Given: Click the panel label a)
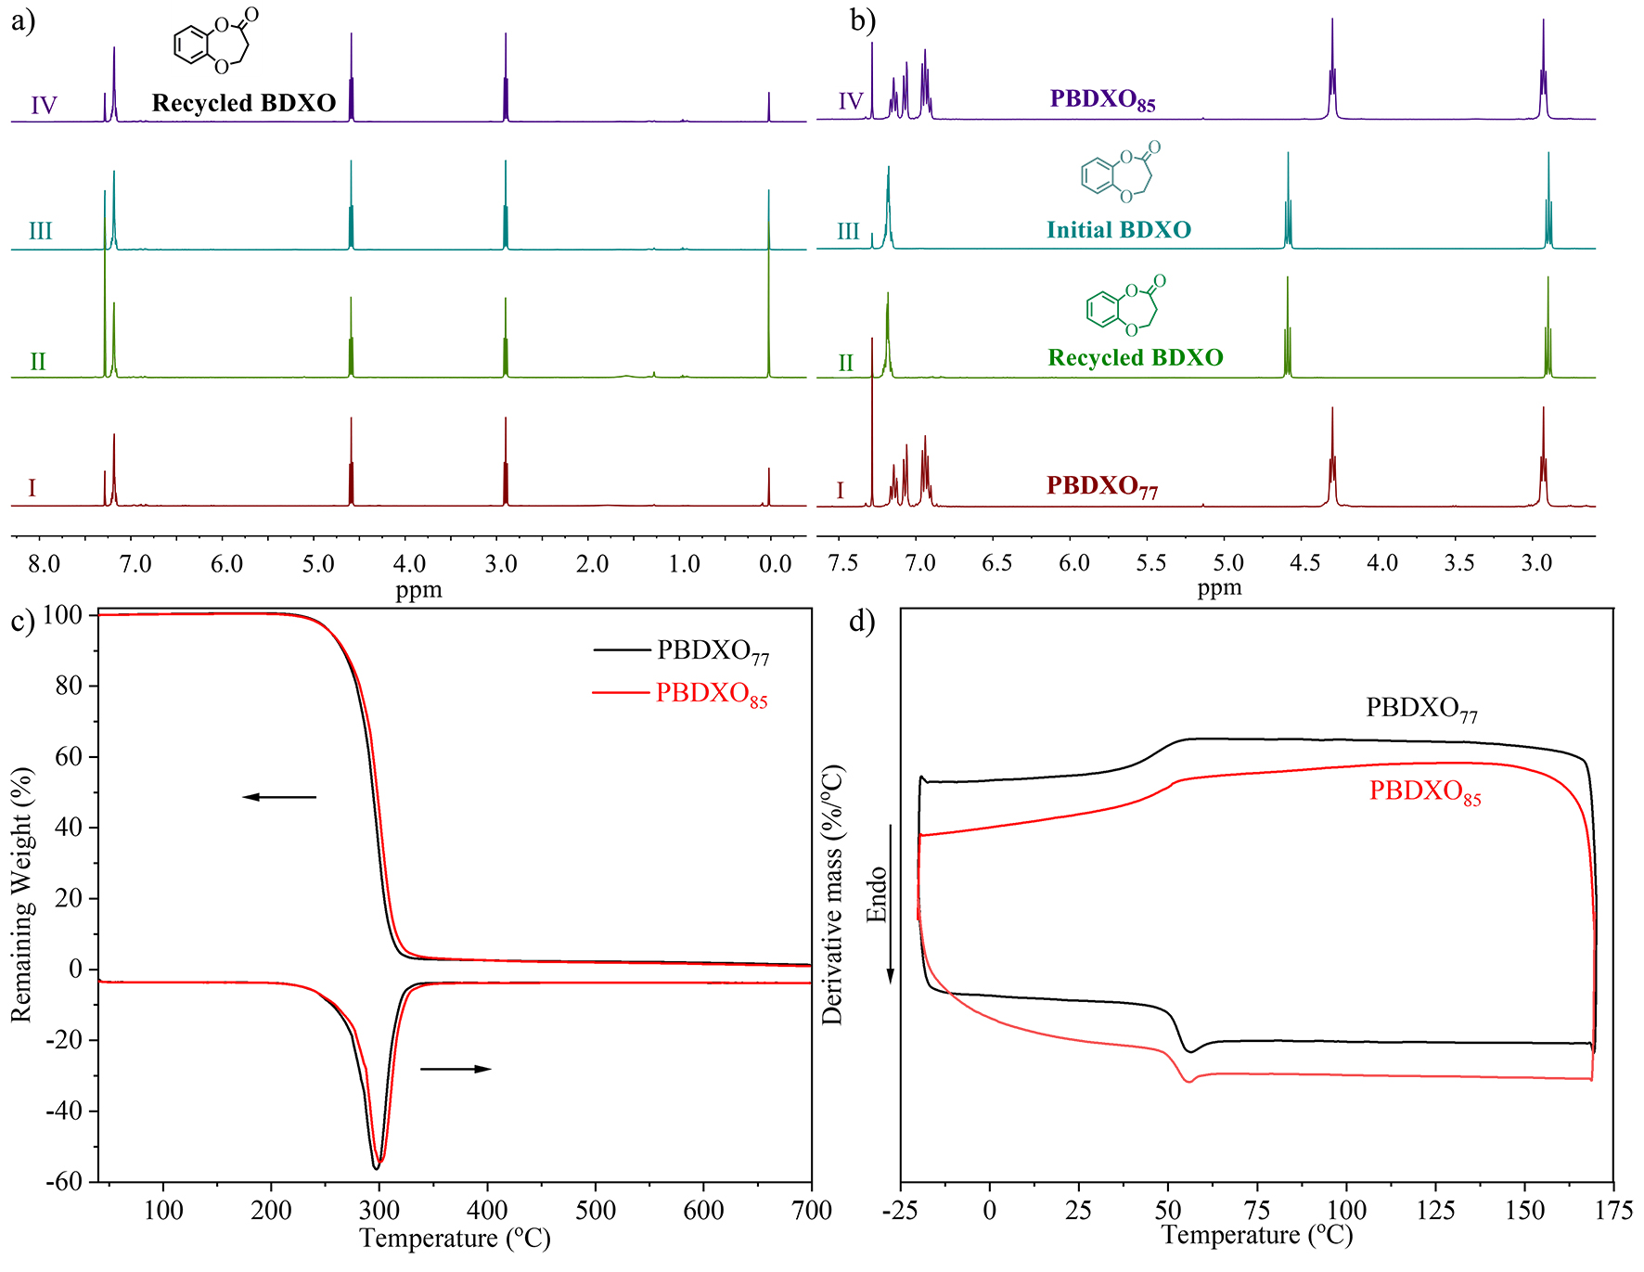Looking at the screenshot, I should pyautogui.click(x=23, y=20).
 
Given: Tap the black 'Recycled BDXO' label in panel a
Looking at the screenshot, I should pyautogui.click(x=244, y=103).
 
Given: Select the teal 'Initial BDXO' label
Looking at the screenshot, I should pyautogui.click(x=1119, y=230).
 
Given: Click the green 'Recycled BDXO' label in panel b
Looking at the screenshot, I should pyautogui.click(x=1136, y=357).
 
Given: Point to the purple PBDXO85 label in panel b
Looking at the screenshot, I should pyautogui.click(x=1103, y=99).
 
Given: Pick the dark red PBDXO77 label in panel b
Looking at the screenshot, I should pyautogui.click(x=1102, y=486).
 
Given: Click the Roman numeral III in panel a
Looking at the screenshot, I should pyautogui.click(x=40, y=231).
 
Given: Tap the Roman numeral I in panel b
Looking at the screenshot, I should pyautogui.click(x=841, y=490).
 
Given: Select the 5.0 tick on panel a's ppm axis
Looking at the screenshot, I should pyautogui.click(x=318, y=564).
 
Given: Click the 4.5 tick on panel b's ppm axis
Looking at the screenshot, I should pyautogui.click(x=1304, y=563).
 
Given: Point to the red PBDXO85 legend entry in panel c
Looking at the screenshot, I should pyautogui.click(x=712, y=694).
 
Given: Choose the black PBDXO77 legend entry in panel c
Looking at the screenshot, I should pyautogui.click(x=713, y=651).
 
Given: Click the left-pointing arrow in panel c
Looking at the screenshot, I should pyautogui.click(x=279, y=797).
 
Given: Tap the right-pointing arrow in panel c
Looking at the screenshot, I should pyautogui.click(x=456, y=1069).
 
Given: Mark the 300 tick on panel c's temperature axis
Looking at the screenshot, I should pyautogui.click(x=379, y=1210).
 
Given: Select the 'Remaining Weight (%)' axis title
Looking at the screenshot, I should pyautogui.click(x=21, y=894).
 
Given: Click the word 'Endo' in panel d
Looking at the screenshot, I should pyautogui.click(x=877, y=894).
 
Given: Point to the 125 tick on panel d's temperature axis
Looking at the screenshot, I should pyautogui.click(x=1435, y=1210).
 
